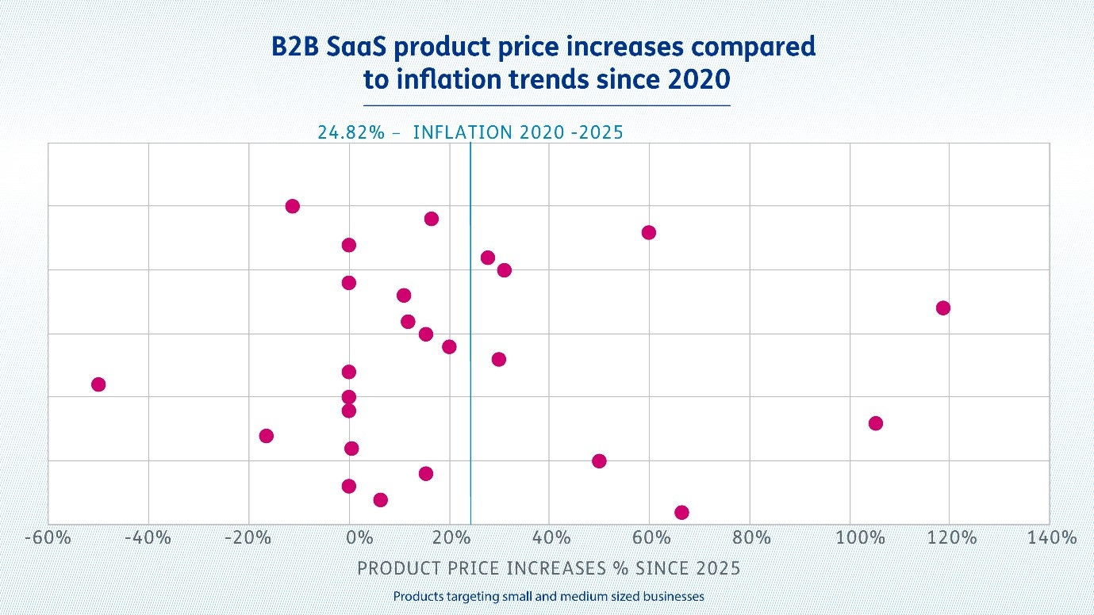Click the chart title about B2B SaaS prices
point(546,63)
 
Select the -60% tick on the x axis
point(48,539)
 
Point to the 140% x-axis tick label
point(1053,539)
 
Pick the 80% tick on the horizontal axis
point(752,539)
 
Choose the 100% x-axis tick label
point(861,539)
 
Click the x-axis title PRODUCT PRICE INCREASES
point(548,568)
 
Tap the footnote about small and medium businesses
point(548,596)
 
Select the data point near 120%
point(942,307)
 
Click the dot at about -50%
point(98,384)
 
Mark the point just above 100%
point(875,423)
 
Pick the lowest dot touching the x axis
point(681,512)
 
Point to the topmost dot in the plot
point(292,206)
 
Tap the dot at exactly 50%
point(599,461)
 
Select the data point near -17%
point(267,436)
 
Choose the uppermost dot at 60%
point(649,232)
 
